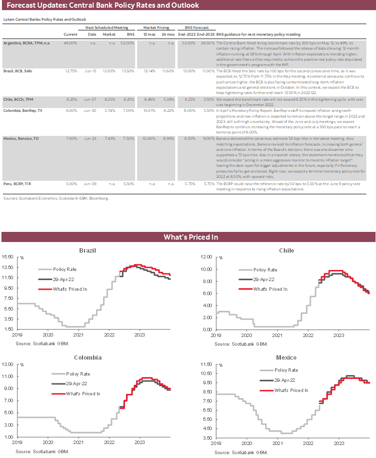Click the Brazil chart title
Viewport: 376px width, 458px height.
tap(87, 251)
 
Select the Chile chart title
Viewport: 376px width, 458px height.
tap(286, 251)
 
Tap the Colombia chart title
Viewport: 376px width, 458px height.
tap(87, 358)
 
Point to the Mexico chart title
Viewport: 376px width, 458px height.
tap(286, 358)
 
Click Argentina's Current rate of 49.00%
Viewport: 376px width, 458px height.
tap(70, 43)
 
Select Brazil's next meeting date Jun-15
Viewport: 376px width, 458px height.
tap(95, 71)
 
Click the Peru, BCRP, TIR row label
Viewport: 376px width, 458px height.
tap(18, 183)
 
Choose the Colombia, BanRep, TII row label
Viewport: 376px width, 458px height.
tap(23, 110)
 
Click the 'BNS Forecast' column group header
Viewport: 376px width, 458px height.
tap(194, 28)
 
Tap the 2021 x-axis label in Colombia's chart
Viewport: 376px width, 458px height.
tap(77, 442)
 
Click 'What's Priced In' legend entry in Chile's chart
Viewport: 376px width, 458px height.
tap(269, 289)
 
